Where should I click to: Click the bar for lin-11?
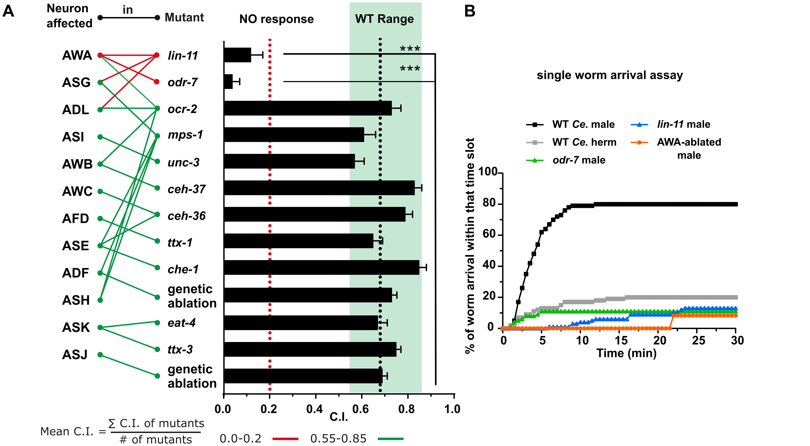point(237,55)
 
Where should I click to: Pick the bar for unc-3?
point(289,161)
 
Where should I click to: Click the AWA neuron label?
point(77,55)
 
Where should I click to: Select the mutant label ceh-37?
point(186,189)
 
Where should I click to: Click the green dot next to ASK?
point(100,327)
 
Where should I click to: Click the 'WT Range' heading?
point(384,19)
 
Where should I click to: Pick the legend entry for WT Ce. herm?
point(584,142)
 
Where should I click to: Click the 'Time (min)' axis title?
point(626,353)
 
